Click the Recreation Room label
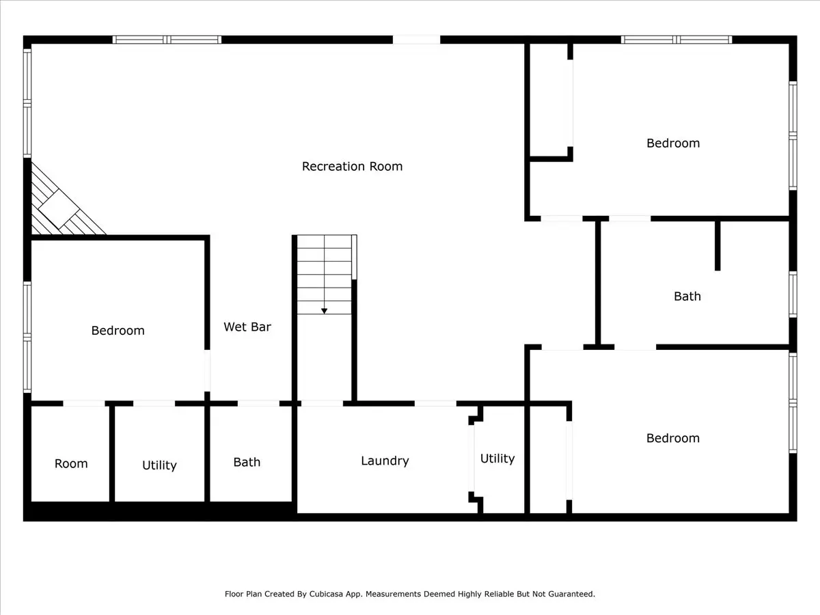(x=352, y=166)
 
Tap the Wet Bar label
(x=247, y=327)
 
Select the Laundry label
(x=385, y=461)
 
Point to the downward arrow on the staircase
(x=324, y=310)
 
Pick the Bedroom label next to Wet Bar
(x=118, y=330)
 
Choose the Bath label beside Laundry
(x=247, y=462)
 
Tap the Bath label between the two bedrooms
(x=687, y=296)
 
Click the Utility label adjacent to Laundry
(x=497, y=459)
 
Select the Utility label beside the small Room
(x=159, y=465)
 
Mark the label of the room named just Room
(x=71, y=463)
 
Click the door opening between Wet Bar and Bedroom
(x=207, y=371)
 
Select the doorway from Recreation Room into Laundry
(x=435, y=403)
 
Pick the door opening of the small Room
(x=84, y=403)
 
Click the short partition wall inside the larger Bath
(x=717, y=245)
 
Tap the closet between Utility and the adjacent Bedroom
(x=549, y=458)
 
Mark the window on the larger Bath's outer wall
(x=793, y=294)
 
